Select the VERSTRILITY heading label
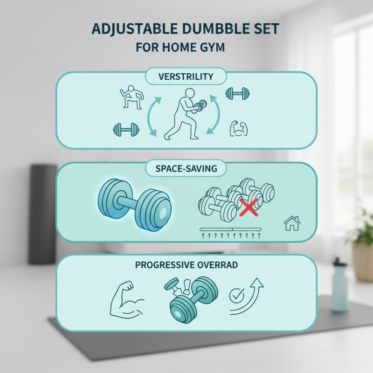pyautogui.click(x=186, y=76)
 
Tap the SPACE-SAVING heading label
pyautogui.click(x=186, y=168)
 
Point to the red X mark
pyautogui.click(x=249, y=207)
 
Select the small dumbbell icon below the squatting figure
pyautogui.click(x=126, y=129)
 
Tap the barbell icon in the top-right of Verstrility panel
pyautogui.click(x=237, y=94)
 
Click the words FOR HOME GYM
pyautogui.click(x=186, y=48)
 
